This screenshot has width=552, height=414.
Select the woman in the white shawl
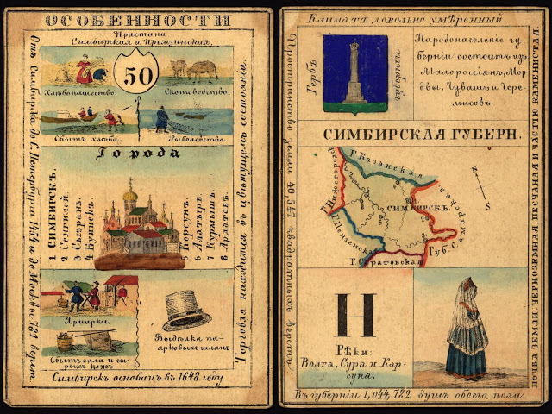(x=467, y=328)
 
